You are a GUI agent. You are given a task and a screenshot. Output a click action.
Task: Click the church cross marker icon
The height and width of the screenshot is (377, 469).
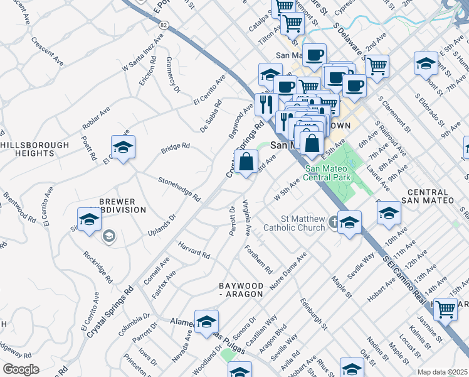tap(334, 222)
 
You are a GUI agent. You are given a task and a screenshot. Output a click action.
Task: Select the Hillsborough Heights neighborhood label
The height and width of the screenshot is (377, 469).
tap(35, 149)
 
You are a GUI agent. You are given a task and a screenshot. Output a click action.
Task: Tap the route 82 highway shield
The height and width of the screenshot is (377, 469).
tap(163, 25)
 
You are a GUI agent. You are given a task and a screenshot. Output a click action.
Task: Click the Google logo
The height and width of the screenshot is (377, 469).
tap(21, 369)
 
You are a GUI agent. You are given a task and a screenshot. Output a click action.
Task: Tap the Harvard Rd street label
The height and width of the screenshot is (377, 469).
tap(194, 251)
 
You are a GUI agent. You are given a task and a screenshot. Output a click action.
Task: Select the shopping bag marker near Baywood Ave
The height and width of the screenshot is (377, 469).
tap(247, 161)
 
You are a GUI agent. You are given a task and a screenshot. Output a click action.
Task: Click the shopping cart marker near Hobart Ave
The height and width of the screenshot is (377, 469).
tap(445, 309)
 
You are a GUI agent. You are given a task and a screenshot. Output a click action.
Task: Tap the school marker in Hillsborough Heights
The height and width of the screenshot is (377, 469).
tap(123, 148)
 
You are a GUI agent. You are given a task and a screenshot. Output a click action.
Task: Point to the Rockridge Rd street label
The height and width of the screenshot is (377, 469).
tap(98, 267)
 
